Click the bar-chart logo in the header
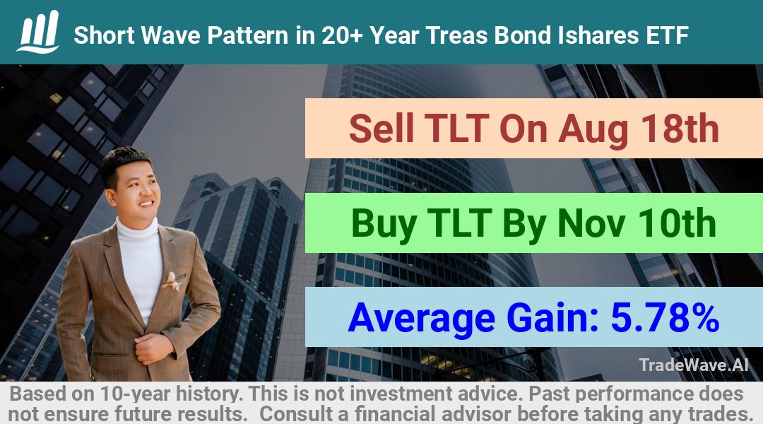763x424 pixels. pos(38,32)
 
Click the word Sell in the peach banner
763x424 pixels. pos(381,129)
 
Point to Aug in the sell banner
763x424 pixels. pos(590,129)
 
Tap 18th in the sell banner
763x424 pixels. pos(680,129)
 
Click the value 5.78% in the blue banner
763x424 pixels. pos(666,317)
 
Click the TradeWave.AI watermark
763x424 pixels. pos(694,365)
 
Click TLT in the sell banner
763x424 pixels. pos(457,129)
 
